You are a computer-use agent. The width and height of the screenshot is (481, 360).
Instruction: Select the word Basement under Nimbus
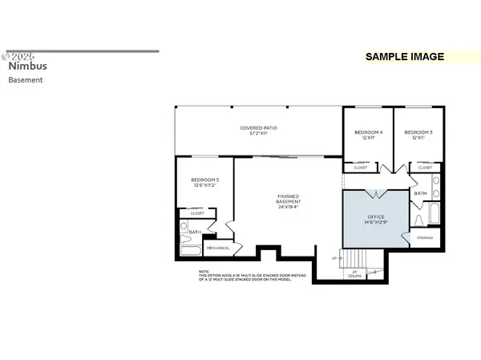coord(26,80)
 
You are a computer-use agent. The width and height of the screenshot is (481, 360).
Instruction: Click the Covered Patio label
coord(258,131)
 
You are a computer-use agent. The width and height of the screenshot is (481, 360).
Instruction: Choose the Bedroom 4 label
coord(369,135)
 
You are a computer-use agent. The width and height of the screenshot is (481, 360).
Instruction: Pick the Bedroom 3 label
coord(418,135)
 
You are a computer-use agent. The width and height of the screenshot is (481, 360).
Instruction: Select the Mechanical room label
coord(218,248)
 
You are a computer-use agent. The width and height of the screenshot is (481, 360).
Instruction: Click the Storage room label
coord(425,238)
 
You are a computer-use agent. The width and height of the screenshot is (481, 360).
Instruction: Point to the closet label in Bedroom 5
coord(197,213)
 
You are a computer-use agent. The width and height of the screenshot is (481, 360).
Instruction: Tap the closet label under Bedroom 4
coord(360,168)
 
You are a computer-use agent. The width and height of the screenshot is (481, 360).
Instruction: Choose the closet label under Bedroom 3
coord(425,168)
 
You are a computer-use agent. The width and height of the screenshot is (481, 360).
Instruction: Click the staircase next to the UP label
coord(353,258)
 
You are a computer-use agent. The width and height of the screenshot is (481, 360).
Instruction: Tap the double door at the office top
coord(376,193)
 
